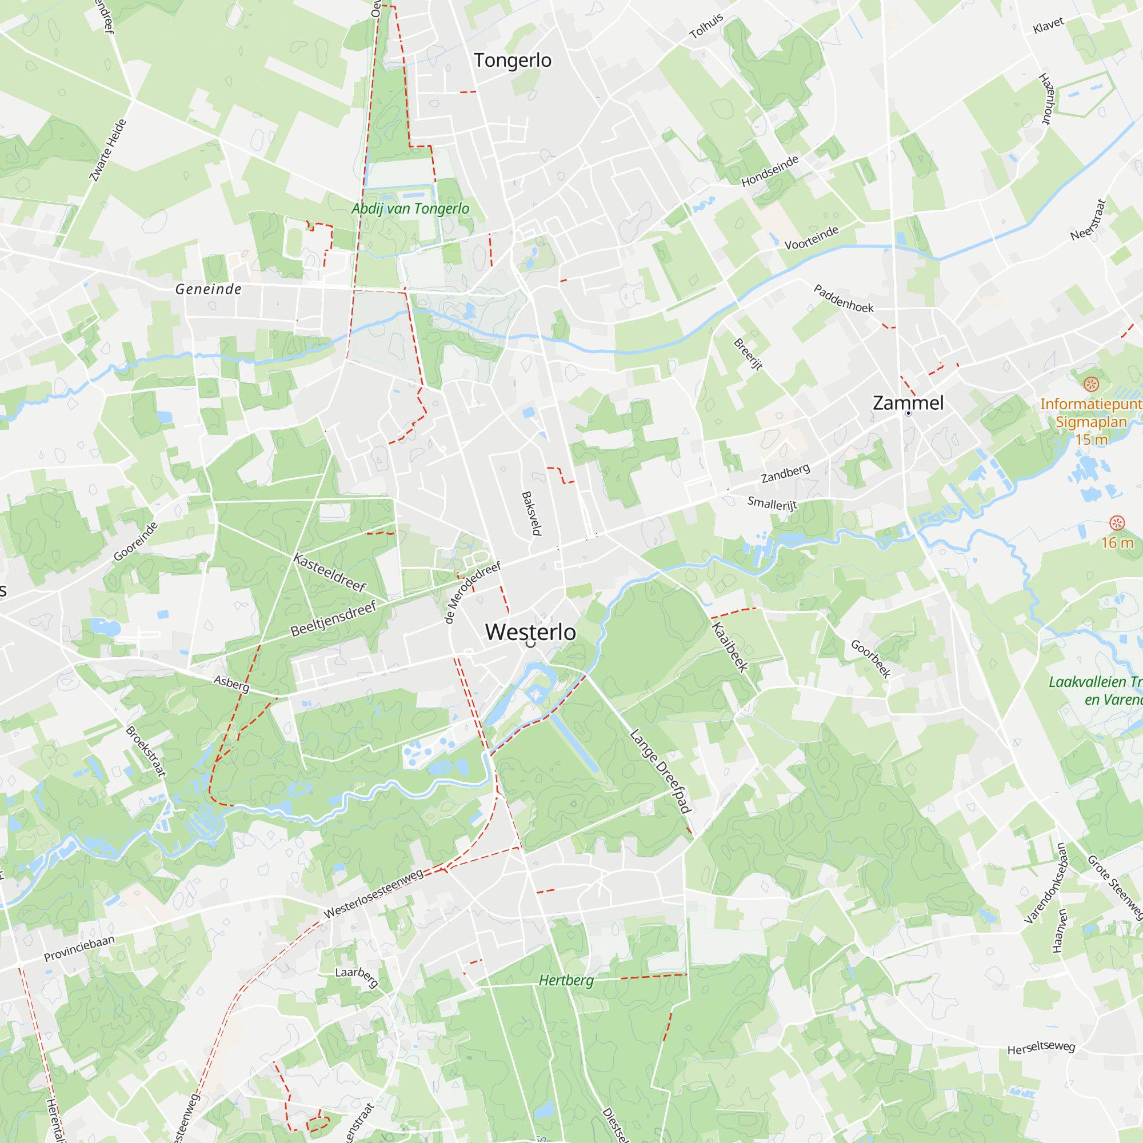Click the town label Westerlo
530,632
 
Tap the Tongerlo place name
512,61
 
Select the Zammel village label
908,403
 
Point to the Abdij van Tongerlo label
410,208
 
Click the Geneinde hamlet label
208,289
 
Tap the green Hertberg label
566,980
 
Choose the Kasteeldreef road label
330,573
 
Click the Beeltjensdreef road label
334,619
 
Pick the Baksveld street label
531,514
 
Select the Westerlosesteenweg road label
373,893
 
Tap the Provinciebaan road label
79,948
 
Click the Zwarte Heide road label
107,150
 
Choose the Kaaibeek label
729,646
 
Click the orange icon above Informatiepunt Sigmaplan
1091,384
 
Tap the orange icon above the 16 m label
1116,522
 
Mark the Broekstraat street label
146,751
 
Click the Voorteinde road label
811,238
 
